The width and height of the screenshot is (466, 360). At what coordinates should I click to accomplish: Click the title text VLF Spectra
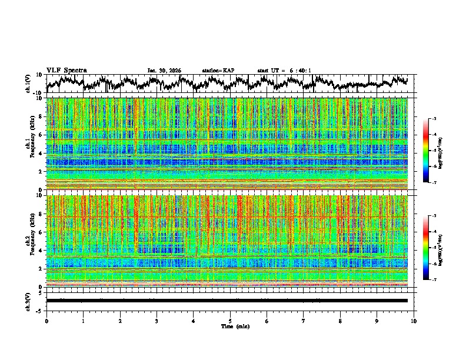pyautogui.click(x=66, y=70)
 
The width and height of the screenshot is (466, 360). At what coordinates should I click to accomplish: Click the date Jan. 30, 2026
pyautogui.click(x=164, y=71)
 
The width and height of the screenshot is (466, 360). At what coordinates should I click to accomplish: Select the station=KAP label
pyautogui.click(x=218, y=71)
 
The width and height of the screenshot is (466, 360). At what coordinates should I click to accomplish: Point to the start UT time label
pyautogui.click(x=284, y=71)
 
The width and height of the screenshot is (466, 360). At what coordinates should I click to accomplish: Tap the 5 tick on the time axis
pyautogui.click(x=230, y=321)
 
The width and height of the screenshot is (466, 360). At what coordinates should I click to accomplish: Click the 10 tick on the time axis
pyautogui.click(x=414, y=321)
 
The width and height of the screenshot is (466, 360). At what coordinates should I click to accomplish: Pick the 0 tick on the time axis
pyautogui.click(x=46, y=321)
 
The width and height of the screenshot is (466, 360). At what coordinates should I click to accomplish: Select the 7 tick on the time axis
pyautogui.click(x=304, y=321)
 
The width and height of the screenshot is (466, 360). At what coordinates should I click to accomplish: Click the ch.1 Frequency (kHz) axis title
pyautogui.click(x=30, y=144)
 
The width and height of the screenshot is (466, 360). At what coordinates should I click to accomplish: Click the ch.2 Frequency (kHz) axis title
pyautogui.click(x=30, y=241)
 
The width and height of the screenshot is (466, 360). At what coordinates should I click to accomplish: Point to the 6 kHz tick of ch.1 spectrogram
pyautogui.click(x=41, y=135)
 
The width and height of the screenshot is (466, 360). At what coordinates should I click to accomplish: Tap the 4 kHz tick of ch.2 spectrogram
pyautogui.click(x=41, y=251)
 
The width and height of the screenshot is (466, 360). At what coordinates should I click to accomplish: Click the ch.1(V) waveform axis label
pyautogui.click(x=29, y=84)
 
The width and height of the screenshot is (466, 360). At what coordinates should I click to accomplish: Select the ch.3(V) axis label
pyautogui.click(x=29, y=301)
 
